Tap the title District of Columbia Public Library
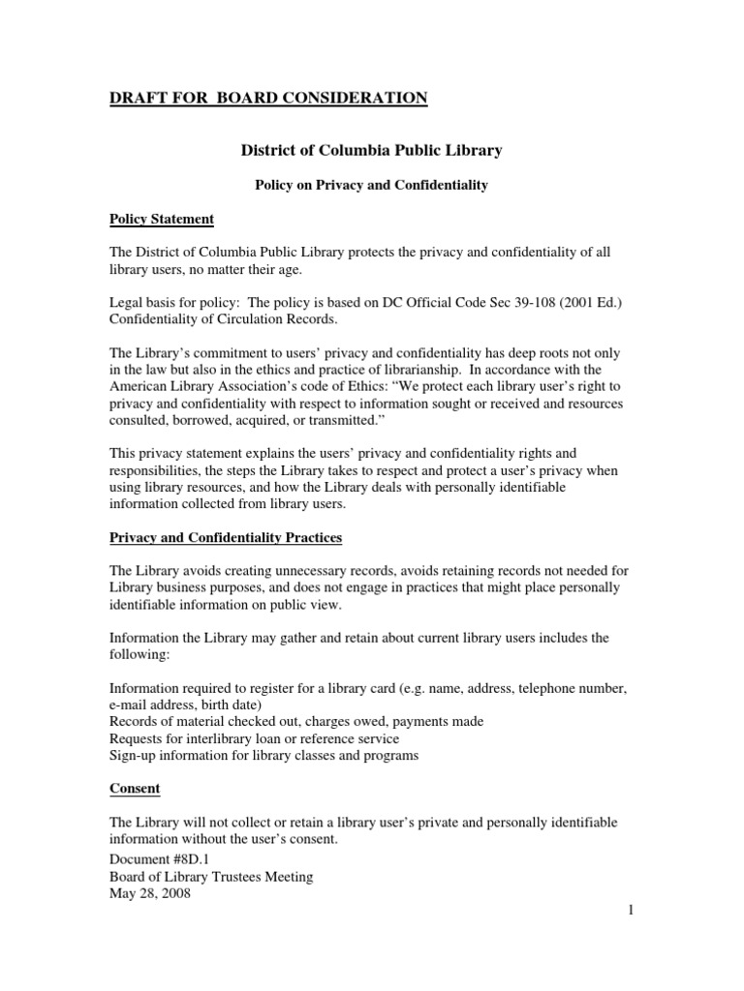(371, 151)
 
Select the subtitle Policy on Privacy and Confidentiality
(371, 184)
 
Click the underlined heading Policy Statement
(162, 220)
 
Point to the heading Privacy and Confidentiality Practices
(226, 537)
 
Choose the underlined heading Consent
(135, 789)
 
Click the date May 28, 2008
(150, 894)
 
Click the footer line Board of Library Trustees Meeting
(210, 877)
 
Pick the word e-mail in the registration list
(128, 705)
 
